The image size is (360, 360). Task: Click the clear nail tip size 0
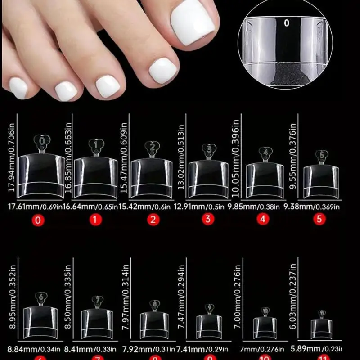click(x=43, y=173)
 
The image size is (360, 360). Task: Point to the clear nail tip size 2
click(x=153, y=176)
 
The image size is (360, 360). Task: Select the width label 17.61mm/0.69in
click(x=30, y=207)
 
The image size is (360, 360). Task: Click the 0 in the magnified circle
click(x=286, y=22)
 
